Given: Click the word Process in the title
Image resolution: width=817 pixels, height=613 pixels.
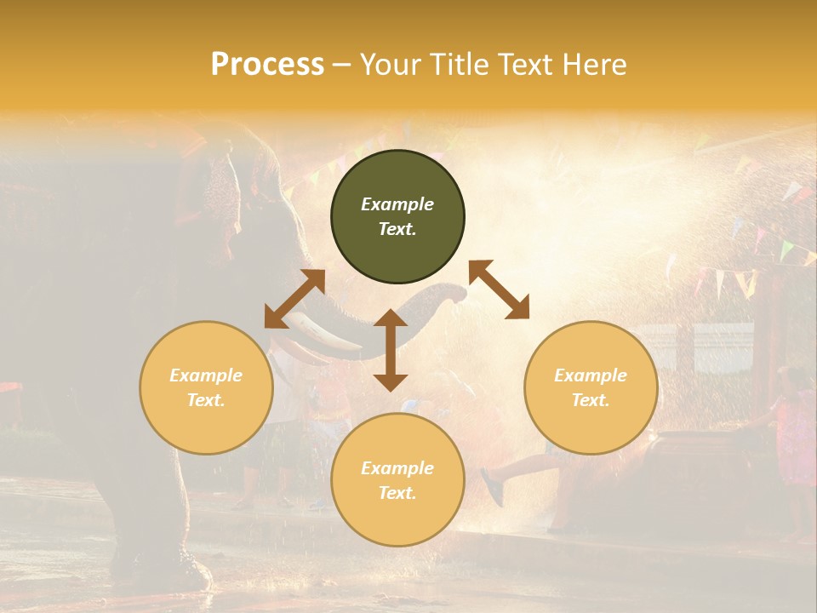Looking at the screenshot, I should click(267, 65).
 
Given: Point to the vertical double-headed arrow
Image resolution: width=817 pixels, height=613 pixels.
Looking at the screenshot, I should click(391, 350).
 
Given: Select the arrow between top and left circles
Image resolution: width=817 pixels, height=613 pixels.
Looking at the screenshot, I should click(294, 299).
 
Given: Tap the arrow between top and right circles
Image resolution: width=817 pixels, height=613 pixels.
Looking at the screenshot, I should click(499, 289).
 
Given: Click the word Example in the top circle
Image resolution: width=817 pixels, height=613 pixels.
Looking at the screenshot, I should click(397, 204).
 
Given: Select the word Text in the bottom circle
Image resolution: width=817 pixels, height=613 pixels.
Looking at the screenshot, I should click(397, 493).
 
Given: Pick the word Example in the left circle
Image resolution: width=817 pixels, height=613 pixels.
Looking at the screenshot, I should click(206, 375).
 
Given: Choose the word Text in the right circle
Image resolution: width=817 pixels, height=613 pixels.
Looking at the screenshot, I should click(591, 400).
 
